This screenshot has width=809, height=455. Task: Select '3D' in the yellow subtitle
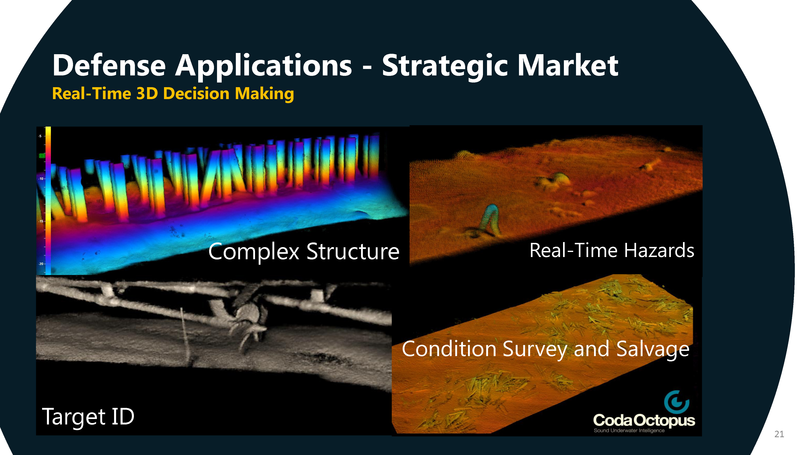[x=147, y=94]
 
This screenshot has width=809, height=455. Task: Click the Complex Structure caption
[x=304, y=252]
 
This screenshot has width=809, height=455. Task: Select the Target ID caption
[x=88, y=417]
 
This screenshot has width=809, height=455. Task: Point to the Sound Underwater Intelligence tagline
[x=629, y=431]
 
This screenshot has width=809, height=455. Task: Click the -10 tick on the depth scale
[x=41, y=179]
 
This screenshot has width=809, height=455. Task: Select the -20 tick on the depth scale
[x=41, y=264]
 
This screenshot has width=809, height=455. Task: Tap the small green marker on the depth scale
[x=42, y=156]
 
